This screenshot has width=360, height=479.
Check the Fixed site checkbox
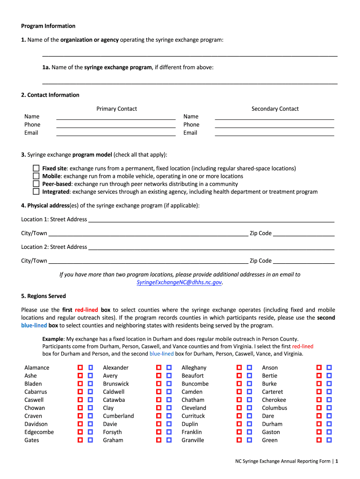click(x=36, y=168)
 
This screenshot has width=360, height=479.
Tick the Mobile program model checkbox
click(x=36, y=176)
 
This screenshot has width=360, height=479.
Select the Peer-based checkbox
click(x=36, y=184)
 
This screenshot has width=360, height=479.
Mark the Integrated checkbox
click(x=36, y=191)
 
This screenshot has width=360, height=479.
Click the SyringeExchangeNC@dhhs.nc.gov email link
click(x=179, y=283)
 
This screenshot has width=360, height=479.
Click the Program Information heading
click(x=48, y=26)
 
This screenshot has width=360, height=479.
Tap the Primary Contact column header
click(x=116, y=109)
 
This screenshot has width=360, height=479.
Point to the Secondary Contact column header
click(x=275, y=109)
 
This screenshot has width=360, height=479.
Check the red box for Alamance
click(x=80, y=368)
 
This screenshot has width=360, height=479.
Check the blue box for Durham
click(x=329, y=424)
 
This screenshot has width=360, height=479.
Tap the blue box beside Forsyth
click(x=169, y=432)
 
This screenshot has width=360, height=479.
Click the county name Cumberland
click(x=118, y=416)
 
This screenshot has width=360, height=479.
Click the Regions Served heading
click(x=43, y=296)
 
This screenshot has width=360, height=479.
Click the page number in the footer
click(x=336, y=461)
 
